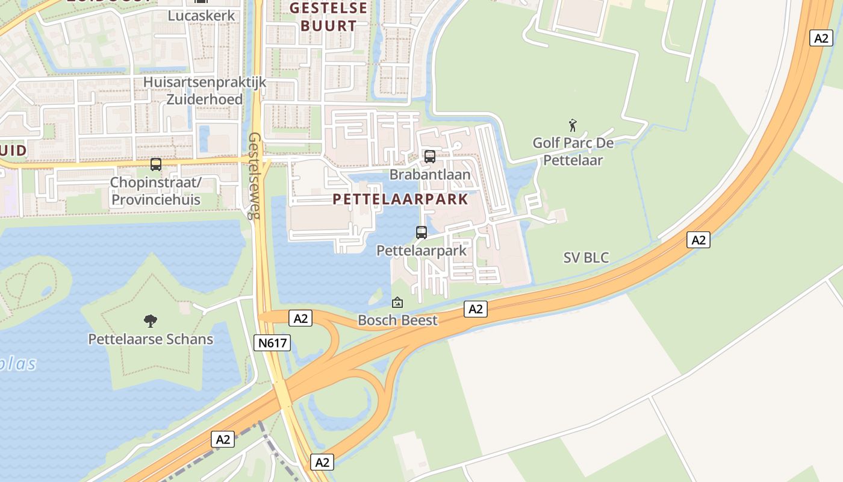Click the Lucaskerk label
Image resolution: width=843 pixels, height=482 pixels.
201,16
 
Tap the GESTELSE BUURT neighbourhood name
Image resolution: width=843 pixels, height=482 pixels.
328,17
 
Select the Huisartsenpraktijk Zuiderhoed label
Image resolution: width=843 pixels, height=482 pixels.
204,90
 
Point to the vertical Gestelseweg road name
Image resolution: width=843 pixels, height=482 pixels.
255,175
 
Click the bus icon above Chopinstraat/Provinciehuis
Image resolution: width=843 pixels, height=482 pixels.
156,164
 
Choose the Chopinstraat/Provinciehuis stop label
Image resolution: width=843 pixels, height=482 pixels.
156,190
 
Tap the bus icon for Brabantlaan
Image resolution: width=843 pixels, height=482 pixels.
430,157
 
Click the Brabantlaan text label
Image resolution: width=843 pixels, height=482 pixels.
430,175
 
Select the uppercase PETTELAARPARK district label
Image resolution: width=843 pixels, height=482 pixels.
400,199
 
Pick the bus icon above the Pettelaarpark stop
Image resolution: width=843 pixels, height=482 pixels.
421,232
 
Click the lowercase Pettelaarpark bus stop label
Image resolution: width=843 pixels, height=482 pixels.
421,250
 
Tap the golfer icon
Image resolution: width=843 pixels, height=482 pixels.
573,125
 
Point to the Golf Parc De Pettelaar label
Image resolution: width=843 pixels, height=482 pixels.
573,152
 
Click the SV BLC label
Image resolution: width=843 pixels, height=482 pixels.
586,258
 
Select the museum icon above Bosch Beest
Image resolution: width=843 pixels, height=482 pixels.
397,302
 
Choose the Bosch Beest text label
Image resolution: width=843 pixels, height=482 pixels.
397,320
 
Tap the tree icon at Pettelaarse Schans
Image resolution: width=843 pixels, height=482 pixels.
151,321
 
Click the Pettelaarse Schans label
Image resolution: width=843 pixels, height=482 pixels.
151,339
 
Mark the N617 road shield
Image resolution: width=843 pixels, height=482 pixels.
272,343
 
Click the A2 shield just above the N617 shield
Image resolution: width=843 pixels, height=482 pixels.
300,318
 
